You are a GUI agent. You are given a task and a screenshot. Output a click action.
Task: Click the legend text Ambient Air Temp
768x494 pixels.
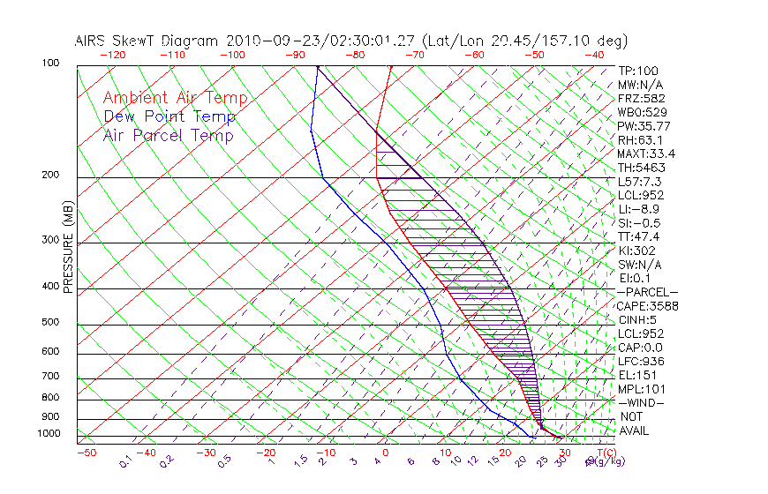(x=175, y=98)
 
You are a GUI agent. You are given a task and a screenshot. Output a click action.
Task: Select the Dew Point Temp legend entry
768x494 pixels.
(x=169, y=116)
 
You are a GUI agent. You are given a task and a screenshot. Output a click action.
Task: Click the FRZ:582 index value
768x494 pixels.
(x=642, y=98)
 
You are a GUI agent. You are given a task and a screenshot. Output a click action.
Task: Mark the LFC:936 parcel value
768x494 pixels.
(x=641, y=361)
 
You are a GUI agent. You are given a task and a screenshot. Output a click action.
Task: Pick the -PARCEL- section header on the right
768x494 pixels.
(x=647, y=292)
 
